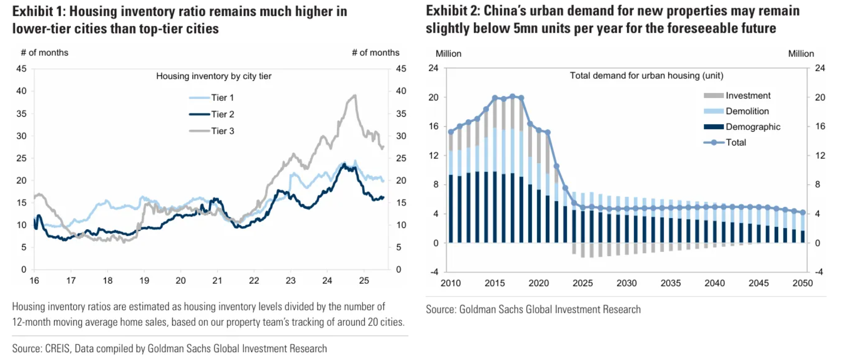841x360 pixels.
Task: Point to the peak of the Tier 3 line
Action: [x=355, y=95]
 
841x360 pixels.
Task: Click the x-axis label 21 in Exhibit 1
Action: [x=217, y=281]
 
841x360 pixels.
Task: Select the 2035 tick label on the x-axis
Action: [x=671, y=283]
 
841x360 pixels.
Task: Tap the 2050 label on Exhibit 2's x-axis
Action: [x=802, y=283]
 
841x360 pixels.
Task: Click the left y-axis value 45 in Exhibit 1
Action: [x=21, y=69]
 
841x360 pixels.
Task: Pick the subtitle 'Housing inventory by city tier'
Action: [x=214, y=76]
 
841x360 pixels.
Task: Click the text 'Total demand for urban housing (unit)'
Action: [x=646, y=76]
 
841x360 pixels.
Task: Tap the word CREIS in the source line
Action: [x=57, y=349]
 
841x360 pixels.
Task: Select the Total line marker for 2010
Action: [x=451, y=132]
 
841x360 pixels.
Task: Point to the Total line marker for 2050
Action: [x=803, y=212]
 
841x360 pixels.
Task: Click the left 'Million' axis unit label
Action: [x=448, y=54]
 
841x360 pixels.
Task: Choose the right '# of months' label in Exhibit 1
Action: [x=375, y=53]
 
